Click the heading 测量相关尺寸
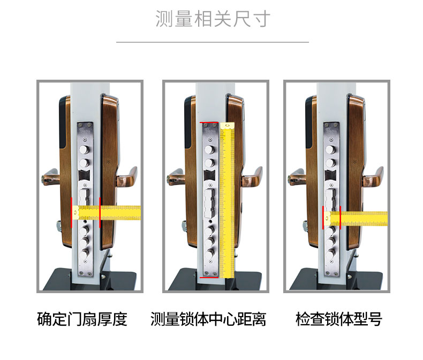tap(213, 19)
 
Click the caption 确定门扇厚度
tap(82, 319)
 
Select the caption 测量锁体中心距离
tap(208, 319)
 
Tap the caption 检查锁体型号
tap(339, 319)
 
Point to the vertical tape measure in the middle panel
tap(227, 200)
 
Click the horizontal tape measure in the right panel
tap(356, 219)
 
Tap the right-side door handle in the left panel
tap(127, 177)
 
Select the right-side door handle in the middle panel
tap(253, 177)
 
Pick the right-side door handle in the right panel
tap(373, 177)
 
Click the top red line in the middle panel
tap(209, 122)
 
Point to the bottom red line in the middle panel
tap(209, 277)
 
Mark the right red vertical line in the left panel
tap(100, 212)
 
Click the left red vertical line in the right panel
tap(323, 218)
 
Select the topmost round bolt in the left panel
tap(85, 150)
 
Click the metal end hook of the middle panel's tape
tap(228, 126)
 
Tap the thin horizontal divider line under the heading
tap(213, 42)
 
